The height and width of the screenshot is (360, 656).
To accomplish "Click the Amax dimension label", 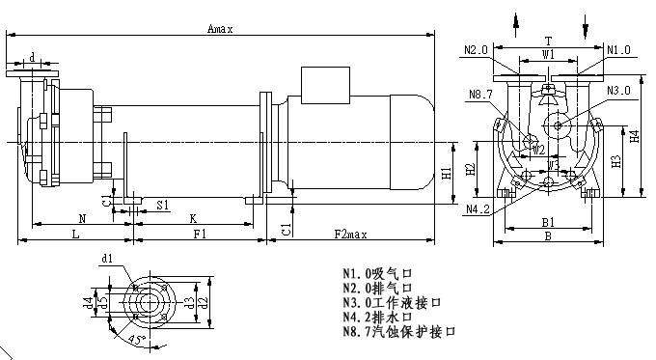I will (221, 29).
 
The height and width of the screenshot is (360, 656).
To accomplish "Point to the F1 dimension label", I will (200, 235).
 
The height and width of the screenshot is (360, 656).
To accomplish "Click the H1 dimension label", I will (447, 174).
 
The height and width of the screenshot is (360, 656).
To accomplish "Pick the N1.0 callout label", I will (618, 49).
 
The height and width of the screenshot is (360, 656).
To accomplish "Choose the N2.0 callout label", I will (476, 49).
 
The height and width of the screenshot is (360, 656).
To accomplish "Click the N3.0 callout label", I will (619, 90).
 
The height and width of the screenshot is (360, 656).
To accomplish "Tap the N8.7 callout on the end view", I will (480, 94).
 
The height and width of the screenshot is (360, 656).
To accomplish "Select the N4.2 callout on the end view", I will (478, 209).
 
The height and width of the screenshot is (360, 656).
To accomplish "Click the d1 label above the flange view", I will (107, 259).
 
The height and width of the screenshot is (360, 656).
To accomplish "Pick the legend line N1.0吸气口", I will (377, 273).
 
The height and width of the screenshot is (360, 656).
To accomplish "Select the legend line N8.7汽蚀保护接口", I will (398, 331).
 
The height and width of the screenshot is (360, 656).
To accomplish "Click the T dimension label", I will (548, 42).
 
